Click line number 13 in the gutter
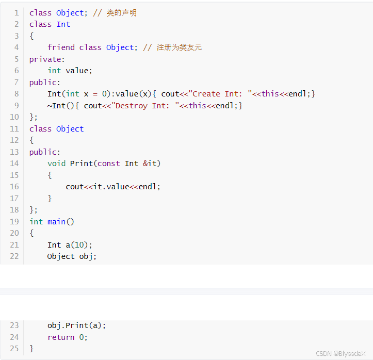14,152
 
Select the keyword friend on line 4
61,47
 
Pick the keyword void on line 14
56,163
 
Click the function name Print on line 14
82,163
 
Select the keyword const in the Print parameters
109,163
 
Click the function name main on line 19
56,222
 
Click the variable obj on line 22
86,256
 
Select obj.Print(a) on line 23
76,325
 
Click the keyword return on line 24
61,337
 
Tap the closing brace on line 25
31,349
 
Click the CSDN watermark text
340,353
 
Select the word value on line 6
77,71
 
